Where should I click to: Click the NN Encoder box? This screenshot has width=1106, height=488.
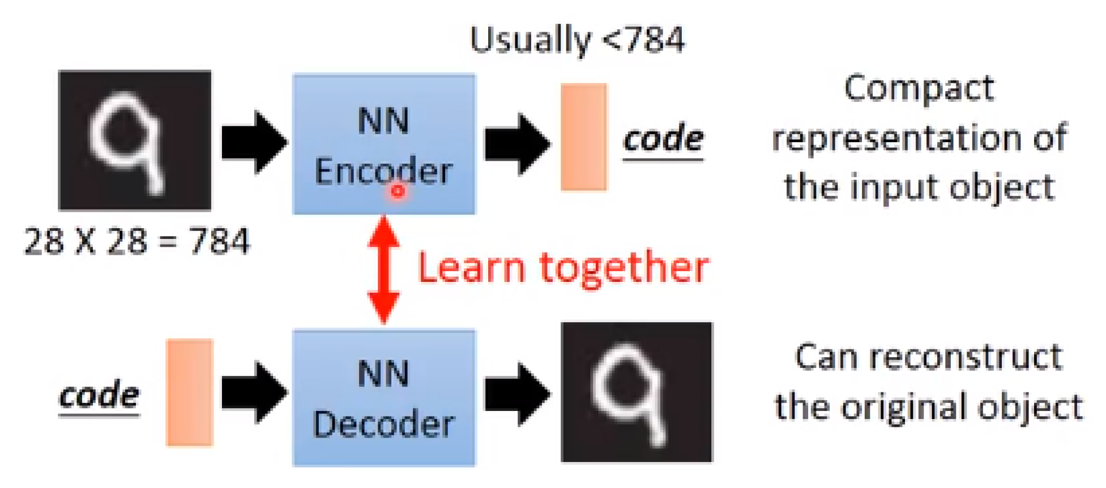click(384, 144)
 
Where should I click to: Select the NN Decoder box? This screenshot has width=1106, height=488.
click(384, 397)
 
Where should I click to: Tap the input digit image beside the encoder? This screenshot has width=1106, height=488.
click(135, 140)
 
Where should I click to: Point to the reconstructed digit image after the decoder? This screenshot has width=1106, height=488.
click(637, 392)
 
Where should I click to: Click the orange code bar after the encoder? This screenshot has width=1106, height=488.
click(583, 137)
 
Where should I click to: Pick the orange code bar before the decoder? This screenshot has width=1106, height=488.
click(190, 392)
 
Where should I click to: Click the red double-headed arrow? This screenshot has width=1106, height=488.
click(384, 269)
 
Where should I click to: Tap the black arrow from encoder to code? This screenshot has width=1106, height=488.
click(516, 144)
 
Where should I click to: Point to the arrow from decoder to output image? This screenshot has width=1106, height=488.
click(516, 394)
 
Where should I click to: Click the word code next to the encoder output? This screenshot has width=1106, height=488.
click(663, 139)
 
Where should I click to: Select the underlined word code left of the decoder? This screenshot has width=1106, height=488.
click(99, 395)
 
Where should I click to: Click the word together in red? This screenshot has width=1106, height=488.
click(624, 268)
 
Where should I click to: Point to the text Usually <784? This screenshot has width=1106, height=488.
click(577, 40)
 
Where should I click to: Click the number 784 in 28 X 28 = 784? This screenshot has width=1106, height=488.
click(219, 241)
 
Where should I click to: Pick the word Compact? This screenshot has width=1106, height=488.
click(919, 89)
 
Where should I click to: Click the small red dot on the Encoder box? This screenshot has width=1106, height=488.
click(398, 191)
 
